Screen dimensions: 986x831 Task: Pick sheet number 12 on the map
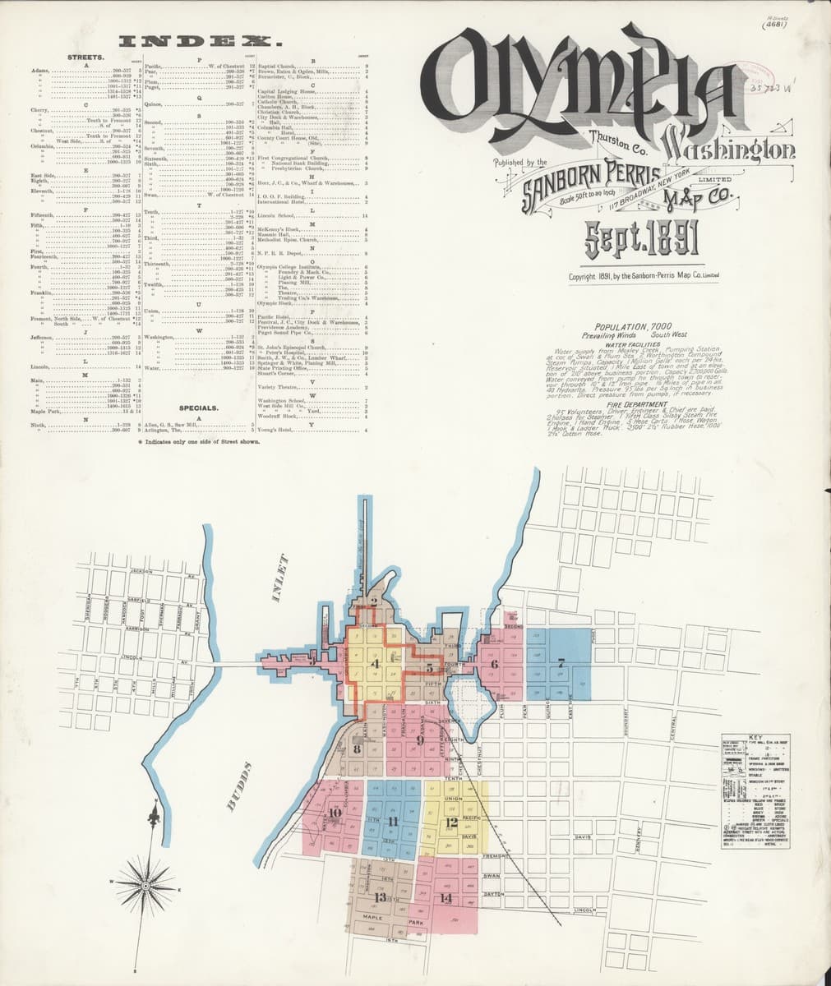pyautogui.click(x=451, y=822)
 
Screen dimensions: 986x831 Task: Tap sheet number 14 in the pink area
pyautogui.click(x=446, y=898)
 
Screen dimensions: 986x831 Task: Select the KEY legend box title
pyautogui.click(x=755, y=736)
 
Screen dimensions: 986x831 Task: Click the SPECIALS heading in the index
pyautogui.click(x=198, y=407)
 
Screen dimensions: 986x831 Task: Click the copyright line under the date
pyautogui.click(x=644, y=276)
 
